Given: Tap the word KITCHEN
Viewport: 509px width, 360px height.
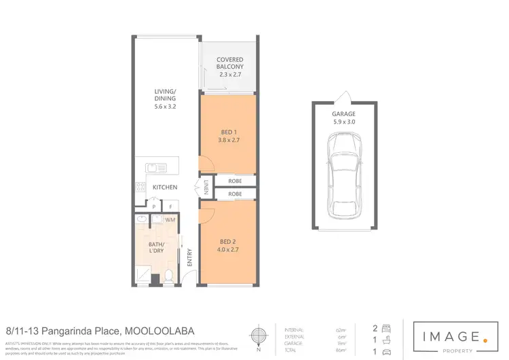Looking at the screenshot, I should coord(165,187).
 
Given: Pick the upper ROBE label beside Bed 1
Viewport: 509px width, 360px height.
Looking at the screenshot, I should coord(235,181).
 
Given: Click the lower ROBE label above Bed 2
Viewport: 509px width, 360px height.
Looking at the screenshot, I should coord(235,194).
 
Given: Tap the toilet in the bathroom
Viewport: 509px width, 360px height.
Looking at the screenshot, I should coord(169,276).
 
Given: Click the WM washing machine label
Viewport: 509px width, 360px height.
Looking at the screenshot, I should coord(171,220).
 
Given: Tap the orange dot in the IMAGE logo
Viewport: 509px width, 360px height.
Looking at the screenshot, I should coord(485,335).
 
